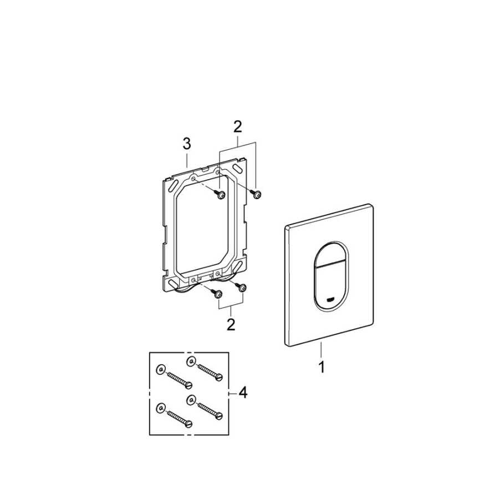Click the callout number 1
click(322, 367)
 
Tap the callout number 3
click(187, 144)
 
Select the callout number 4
click(243, 393)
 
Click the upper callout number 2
click(238, 126)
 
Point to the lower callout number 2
click(231, 324)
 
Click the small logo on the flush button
click(331, 299)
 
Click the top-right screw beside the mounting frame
click(255, 193)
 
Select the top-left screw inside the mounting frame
click(219, 195)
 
